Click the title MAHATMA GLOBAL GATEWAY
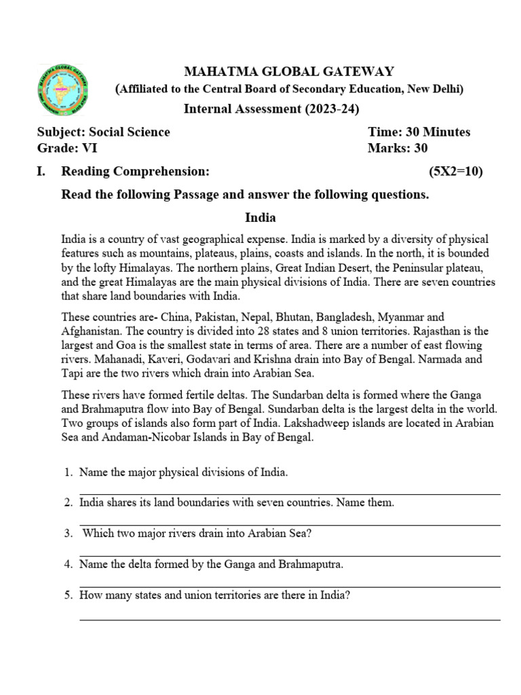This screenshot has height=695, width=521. [x=288, y=72]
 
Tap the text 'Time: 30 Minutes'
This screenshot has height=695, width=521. [x=419, y=132]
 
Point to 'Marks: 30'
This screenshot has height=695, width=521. [x=398, y=148]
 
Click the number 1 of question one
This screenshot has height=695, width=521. [x=68, y=472]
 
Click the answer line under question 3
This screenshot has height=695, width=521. [x=290, y=556]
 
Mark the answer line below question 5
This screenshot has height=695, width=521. [x=290, y=619]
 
